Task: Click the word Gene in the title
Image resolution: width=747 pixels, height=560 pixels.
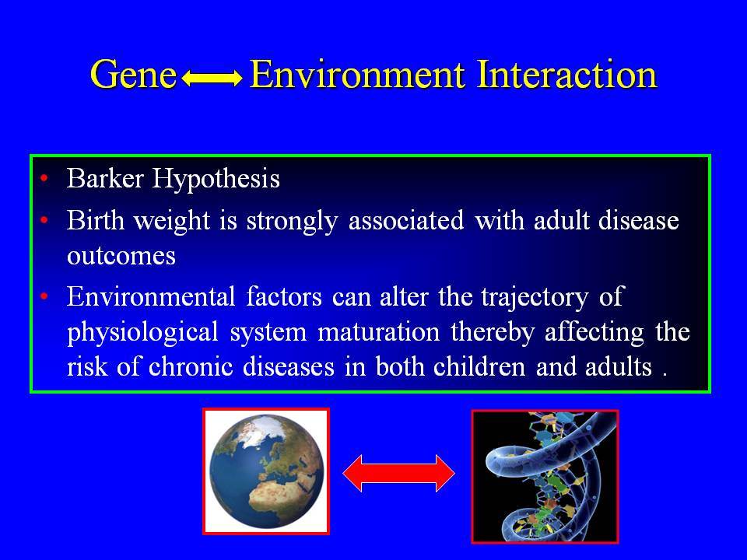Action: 133,75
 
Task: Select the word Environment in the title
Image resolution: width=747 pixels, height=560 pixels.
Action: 357,75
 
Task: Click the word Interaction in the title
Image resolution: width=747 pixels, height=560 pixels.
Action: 567,75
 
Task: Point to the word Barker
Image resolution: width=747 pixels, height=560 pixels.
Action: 105,179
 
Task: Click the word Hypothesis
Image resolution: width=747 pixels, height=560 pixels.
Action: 216,180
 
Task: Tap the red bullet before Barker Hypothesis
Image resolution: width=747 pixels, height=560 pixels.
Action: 44,179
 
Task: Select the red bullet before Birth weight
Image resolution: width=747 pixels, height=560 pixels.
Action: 44,220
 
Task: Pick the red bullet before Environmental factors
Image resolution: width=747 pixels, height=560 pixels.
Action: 44,296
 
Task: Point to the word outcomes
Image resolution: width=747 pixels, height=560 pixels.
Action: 121,256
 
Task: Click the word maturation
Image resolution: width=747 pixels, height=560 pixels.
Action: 379,332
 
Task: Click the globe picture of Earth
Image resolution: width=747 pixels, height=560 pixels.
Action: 266,471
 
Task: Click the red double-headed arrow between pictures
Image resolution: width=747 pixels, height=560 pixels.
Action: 398,474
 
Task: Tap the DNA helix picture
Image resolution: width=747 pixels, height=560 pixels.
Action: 545,476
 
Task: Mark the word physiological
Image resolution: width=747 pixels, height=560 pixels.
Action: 143,332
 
